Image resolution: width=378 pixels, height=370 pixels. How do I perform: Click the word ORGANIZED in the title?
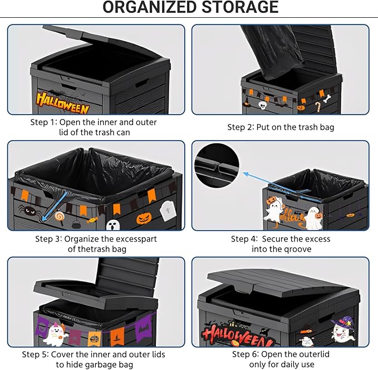pyautogui.click(x=149, y=7)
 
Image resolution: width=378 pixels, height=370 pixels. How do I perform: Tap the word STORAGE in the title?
pyautogui.click(x=240, y=7)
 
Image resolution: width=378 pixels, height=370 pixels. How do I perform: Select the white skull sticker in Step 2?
pyautogui.click(x=262, y=105)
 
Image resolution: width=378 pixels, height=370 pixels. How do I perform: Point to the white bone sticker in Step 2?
pyautogui.click(x=327, y=99)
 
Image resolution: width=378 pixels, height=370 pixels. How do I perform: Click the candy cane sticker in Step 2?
pyautogui.click(x=318, y=107)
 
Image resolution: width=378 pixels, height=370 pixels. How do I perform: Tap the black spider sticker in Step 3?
pyautogui.click(x=28, y=210)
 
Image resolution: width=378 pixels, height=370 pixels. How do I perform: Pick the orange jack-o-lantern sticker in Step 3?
pyautogui.click(x=144, y=219)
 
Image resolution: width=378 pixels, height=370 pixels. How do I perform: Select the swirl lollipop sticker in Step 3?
pyautogui.click(x=60, y=216)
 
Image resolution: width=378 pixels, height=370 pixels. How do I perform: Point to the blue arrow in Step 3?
pyautogui.click(x=54, y=206)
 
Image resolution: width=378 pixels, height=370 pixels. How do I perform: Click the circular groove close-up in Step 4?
pyautogui.click(x=217, y=166)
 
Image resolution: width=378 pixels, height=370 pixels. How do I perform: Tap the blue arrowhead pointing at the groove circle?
pyautogui.click(x=246, y=174)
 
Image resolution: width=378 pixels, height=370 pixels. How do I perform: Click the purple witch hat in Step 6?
pyautogui.click(x=342, y=323)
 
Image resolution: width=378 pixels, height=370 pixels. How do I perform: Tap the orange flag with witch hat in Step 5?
pyautogui.click(x=117, y=337)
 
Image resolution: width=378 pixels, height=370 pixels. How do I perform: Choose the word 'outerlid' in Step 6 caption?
pyautogui.click(x=313, y=354)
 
